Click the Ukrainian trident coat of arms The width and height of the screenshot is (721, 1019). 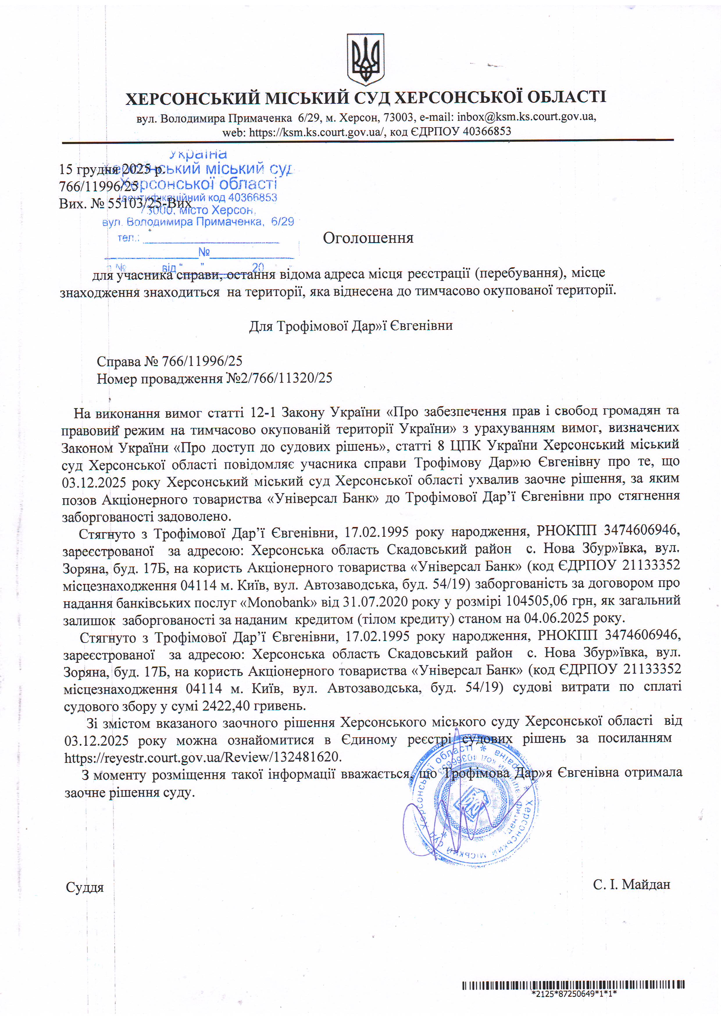point(365,59)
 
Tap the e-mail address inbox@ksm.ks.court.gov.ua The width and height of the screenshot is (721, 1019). point(526,117)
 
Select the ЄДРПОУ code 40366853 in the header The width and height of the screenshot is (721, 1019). point(487,131)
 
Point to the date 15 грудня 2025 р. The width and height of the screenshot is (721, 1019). point(111,169)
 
